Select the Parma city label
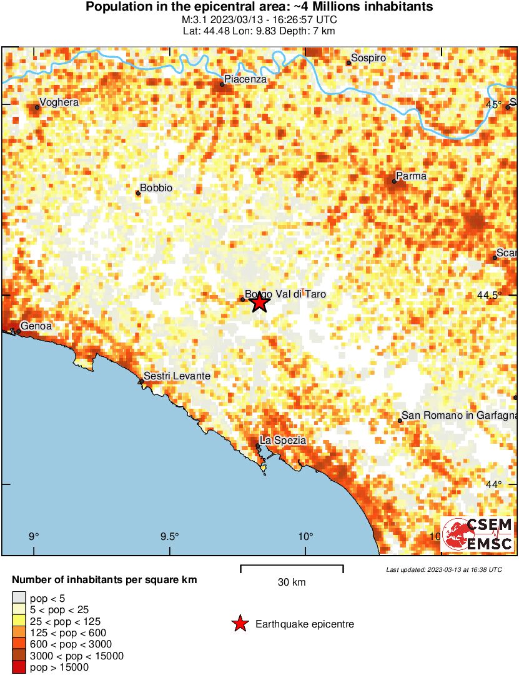[411, 176]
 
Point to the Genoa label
[36, 326]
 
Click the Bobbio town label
[156, 187]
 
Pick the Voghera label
[59, 102]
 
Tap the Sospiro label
[368, 58]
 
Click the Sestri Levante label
[177, 376]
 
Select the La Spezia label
[283, 440]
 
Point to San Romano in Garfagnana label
[459, 415]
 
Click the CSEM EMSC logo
[478, 534]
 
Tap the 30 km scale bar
[292, 566]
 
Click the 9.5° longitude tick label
[169, 536]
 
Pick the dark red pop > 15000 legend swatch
[19, 667]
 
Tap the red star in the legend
[239, 624]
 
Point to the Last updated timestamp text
[443, 570]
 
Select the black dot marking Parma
[395, 181]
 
